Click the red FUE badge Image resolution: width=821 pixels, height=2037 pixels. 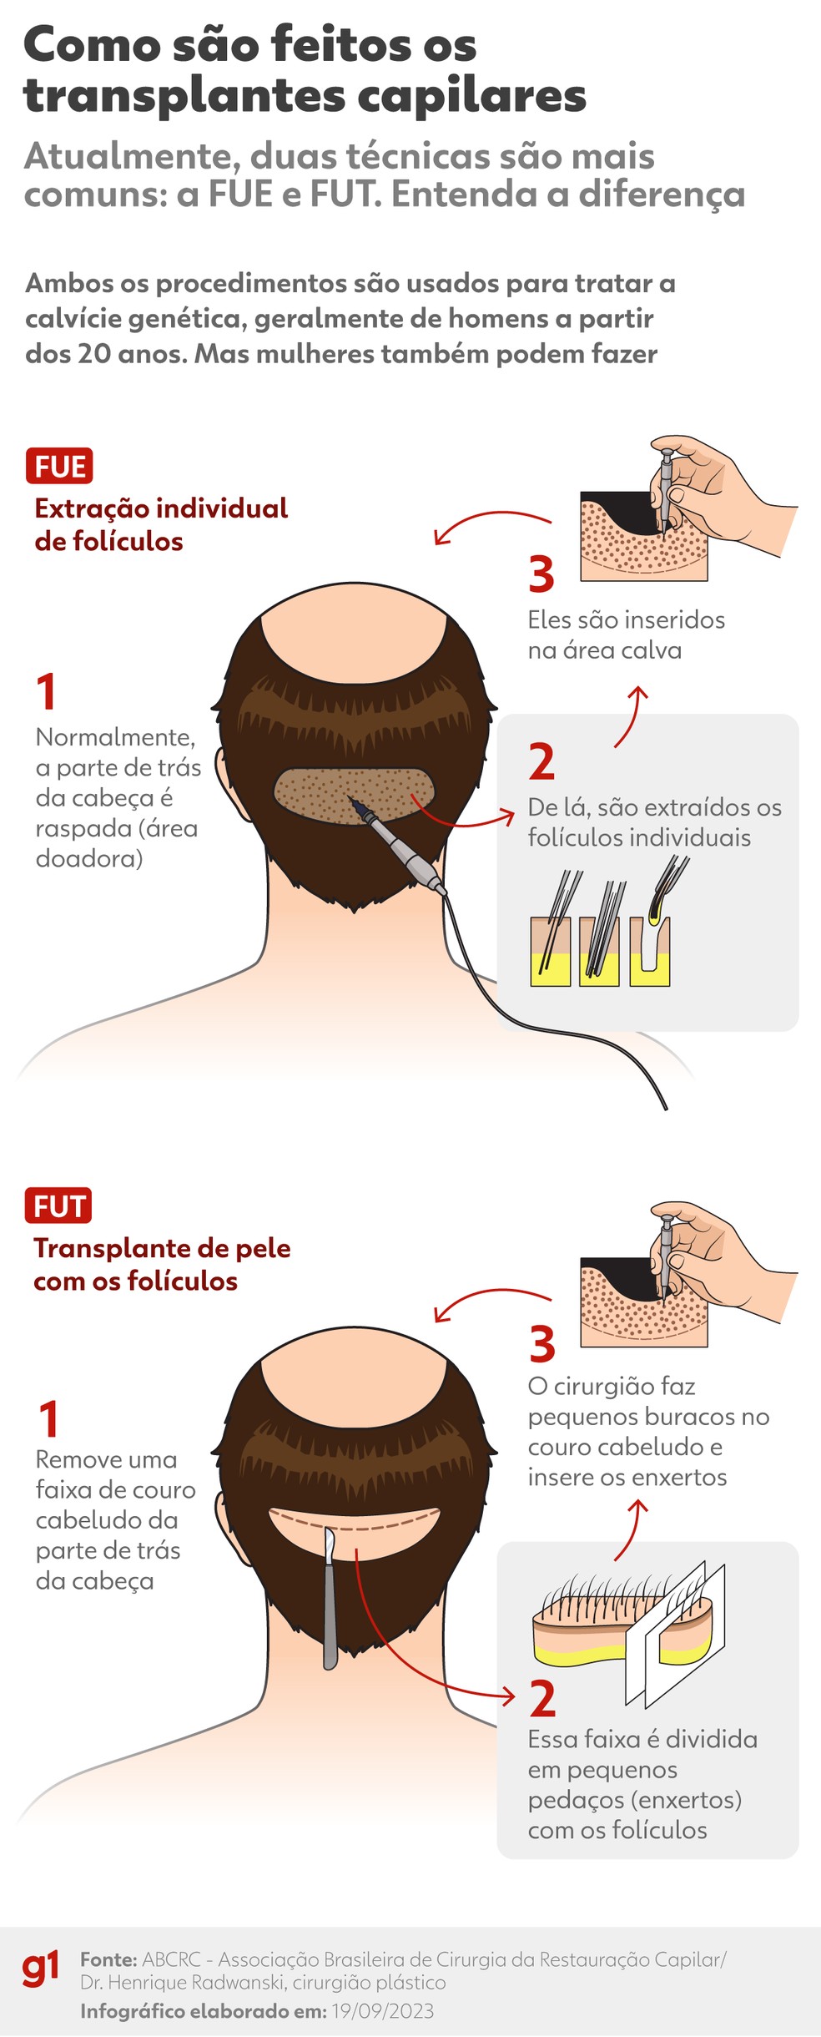(x=58, y=466)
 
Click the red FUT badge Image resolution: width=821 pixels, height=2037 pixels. (x=58, y=1206)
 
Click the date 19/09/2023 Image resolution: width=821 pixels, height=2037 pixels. (x=382, y=2011)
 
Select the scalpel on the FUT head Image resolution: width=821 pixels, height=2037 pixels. (x=330, y=1595)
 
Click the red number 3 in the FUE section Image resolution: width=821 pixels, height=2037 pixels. (x=541, y=574)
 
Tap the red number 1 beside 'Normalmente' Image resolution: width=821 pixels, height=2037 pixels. (x=47, y=691)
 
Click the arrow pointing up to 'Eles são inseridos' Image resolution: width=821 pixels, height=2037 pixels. (x=632, y=716)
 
